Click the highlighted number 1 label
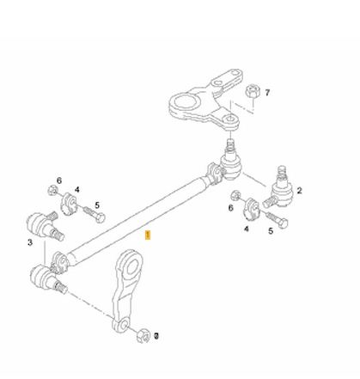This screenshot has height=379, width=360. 148,235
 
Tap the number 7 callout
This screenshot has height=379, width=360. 267,93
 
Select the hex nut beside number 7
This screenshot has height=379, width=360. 252,91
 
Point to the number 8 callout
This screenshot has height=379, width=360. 156,336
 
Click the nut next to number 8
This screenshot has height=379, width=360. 143,336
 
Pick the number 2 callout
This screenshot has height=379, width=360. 299,191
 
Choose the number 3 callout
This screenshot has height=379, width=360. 30,242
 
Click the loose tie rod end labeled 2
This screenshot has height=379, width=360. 278,188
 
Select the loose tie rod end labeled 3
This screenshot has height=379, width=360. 45,226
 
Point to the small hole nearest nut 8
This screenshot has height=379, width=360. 125,326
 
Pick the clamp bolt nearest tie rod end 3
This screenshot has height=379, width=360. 94,215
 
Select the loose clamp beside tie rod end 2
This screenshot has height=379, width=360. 251,209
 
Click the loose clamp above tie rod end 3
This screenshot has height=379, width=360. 69,204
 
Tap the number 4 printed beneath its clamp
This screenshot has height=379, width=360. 247,229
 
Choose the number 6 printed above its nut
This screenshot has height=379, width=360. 59,180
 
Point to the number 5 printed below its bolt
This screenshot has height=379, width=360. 271,231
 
